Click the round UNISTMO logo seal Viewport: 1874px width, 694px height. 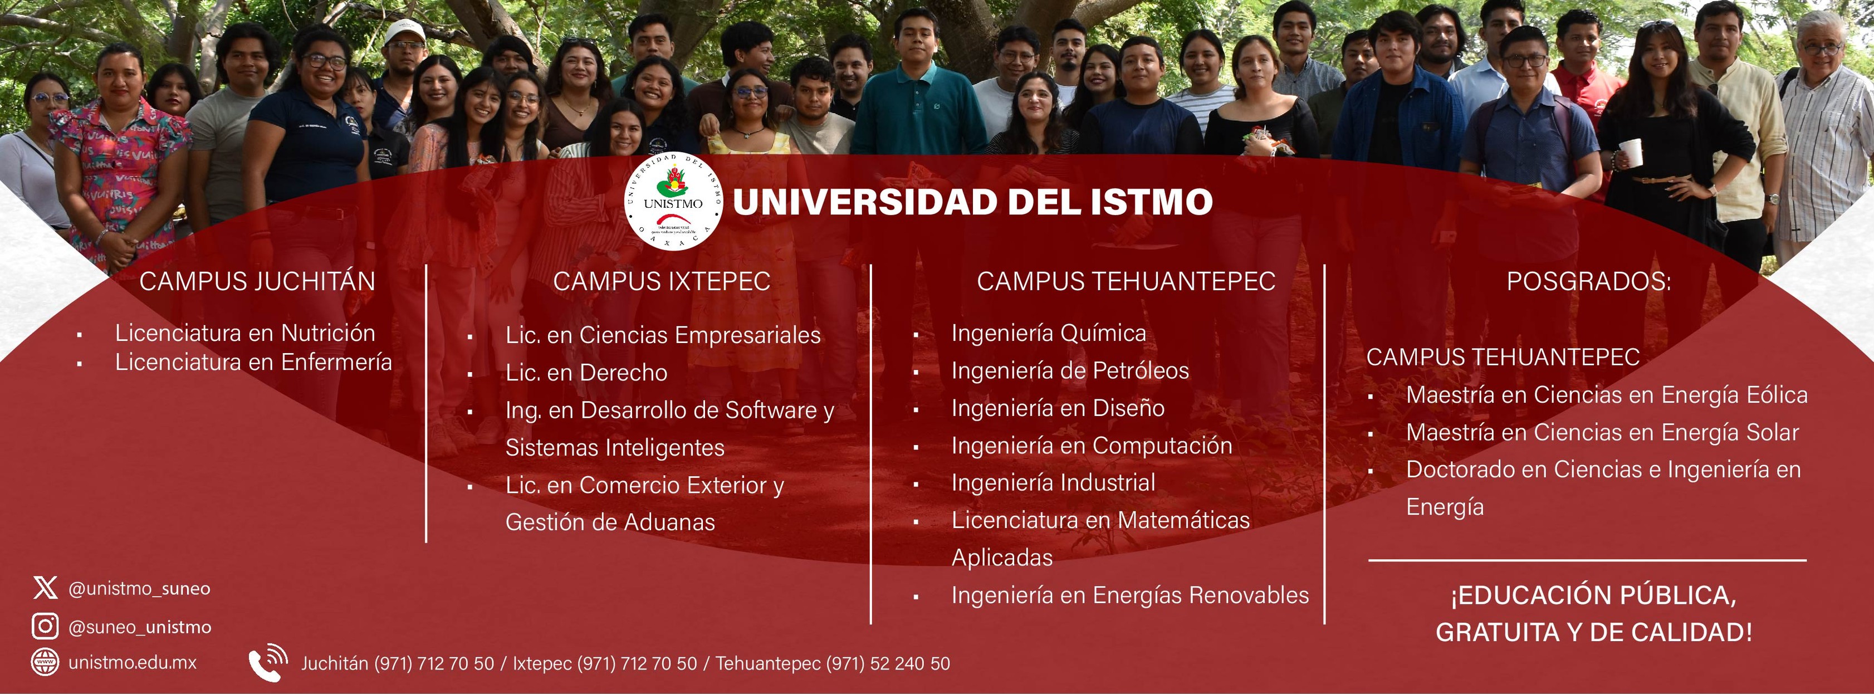(x=673, y=202)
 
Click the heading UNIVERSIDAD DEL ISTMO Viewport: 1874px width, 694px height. (x=973, y=202)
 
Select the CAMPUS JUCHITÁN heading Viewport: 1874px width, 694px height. (x=257, y=281)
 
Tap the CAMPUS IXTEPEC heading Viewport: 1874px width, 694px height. (x=661, y=281)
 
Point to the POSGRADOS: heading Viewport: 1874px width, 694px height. (x=1589, y=281)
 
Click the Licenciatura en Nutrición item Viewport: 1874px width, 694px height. (x=245, y=333)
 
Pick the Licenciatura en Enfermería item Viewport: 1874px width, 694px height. (x=253, y=362)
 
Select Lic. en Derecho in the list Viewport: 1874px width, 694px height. (x=586, y=373)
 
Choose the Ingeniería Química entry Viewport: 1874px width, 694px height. (x=1048, y=334)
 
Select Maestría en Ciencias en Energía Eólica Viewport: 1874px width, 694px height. (x=1606, y=395)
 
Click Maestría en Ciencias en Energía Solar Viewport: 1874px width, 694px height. (x=1602, y=433)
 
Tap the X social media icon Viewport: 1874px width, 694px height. (x=45, y=588)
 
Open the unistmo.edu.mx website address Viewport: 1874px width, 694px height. (x=133, y=663)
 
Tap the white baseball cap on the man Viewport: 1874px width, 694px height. (x=404, y=31)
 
